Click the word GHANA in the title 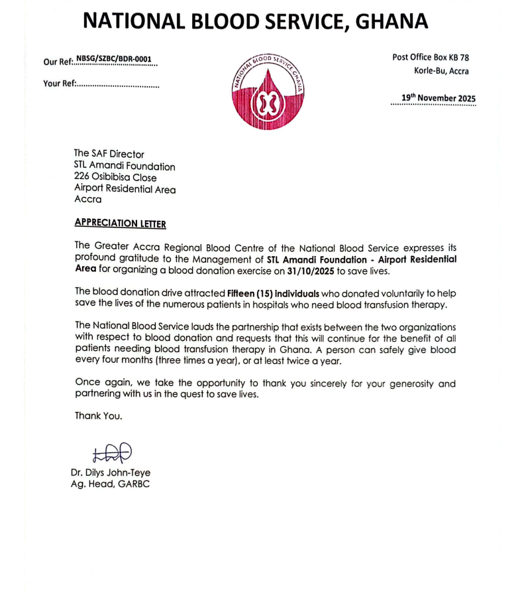pos(392,21)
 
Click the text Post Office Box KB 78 pos(431,58)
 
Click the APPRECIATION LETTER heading pos(120,224)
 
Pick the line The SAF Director pos(109,154)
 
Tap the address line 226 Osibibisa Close pos(115,178)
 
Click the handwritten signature pos(112,452)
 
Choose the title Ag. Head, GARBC pos(111,484)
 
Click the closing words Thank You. pos(98,416)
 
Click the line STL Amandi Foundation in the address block pos(125,166)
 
